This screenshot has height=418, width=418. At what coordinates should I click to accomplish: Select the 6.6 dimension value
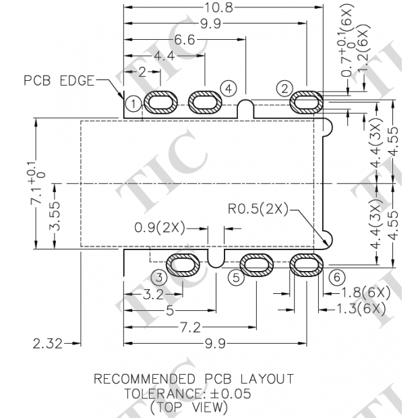point(185,40)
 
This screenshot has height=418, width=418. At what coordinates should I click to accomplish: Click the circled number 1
point(133,103)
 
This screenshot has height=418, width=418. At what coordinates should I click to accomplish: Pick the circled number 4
point(229,88)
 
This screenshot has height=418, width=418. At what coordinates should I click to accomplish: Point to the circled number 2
point(285,88)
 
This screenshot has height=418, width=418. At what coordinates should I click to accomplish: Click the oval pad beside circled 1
point(162,102)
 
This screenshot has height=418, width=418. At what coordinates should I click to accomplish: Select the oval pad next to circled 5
point(258,265)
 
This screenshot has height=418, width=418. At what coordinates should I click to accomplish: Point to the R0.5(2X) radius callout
point(257,210)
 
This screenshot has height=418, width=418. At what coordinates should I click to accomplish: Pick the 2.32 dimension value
point(47,344)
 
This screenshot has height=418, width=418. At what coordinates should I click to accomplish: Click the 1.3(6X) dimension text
point(361,309)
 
